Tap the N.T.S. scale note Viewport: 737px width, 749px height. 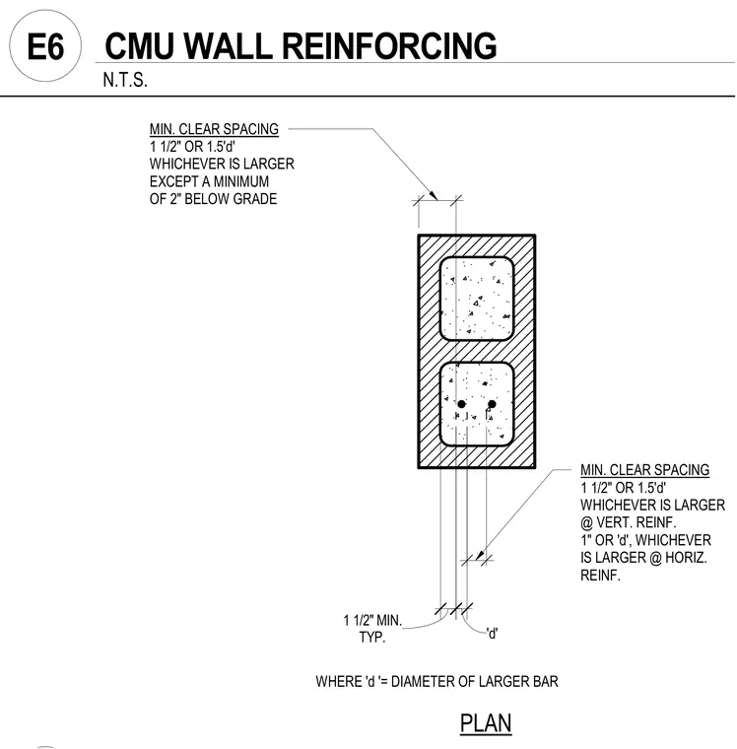click(x=125, y=80)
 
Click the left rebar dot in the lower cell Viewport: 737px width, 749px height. click(x=461, y=404)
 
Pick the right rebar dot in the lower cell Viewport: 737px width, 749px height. click(x=492, y=404)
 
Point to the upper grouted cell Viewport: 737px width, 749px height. click(x=476, y=299)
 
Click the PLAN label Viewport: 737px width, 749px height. click(x=486, y=722)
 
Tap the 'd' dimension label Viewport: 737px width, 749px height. click(x=492, y=634)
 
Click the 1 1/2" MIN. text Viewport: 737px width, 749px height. click(x=372, y=621)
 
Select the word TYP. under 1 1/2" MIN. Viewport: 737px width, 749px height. click(x=372, y=638)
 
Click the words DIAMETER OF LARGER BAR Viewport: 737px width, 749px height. click(x=474, y=681)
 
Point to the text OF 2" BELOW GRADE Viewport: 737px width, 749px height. click(x=213, y=199)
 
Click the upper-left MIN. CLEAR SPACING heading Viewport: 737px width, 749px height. click(x=214, y=129)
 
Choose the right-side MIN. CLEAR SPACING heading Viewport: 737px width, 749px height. click(x=644, y=470)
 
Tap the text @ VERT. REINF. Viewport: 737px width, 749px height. click(x=628, y=522)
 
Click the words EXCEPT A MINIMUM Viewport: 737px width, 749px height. click(x=209, y=181)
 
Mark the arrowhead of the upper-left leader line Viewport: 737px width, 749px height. click(x=435, y=195)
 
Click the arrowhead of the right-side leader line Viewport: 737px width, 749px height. click(x=480, y=555)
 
